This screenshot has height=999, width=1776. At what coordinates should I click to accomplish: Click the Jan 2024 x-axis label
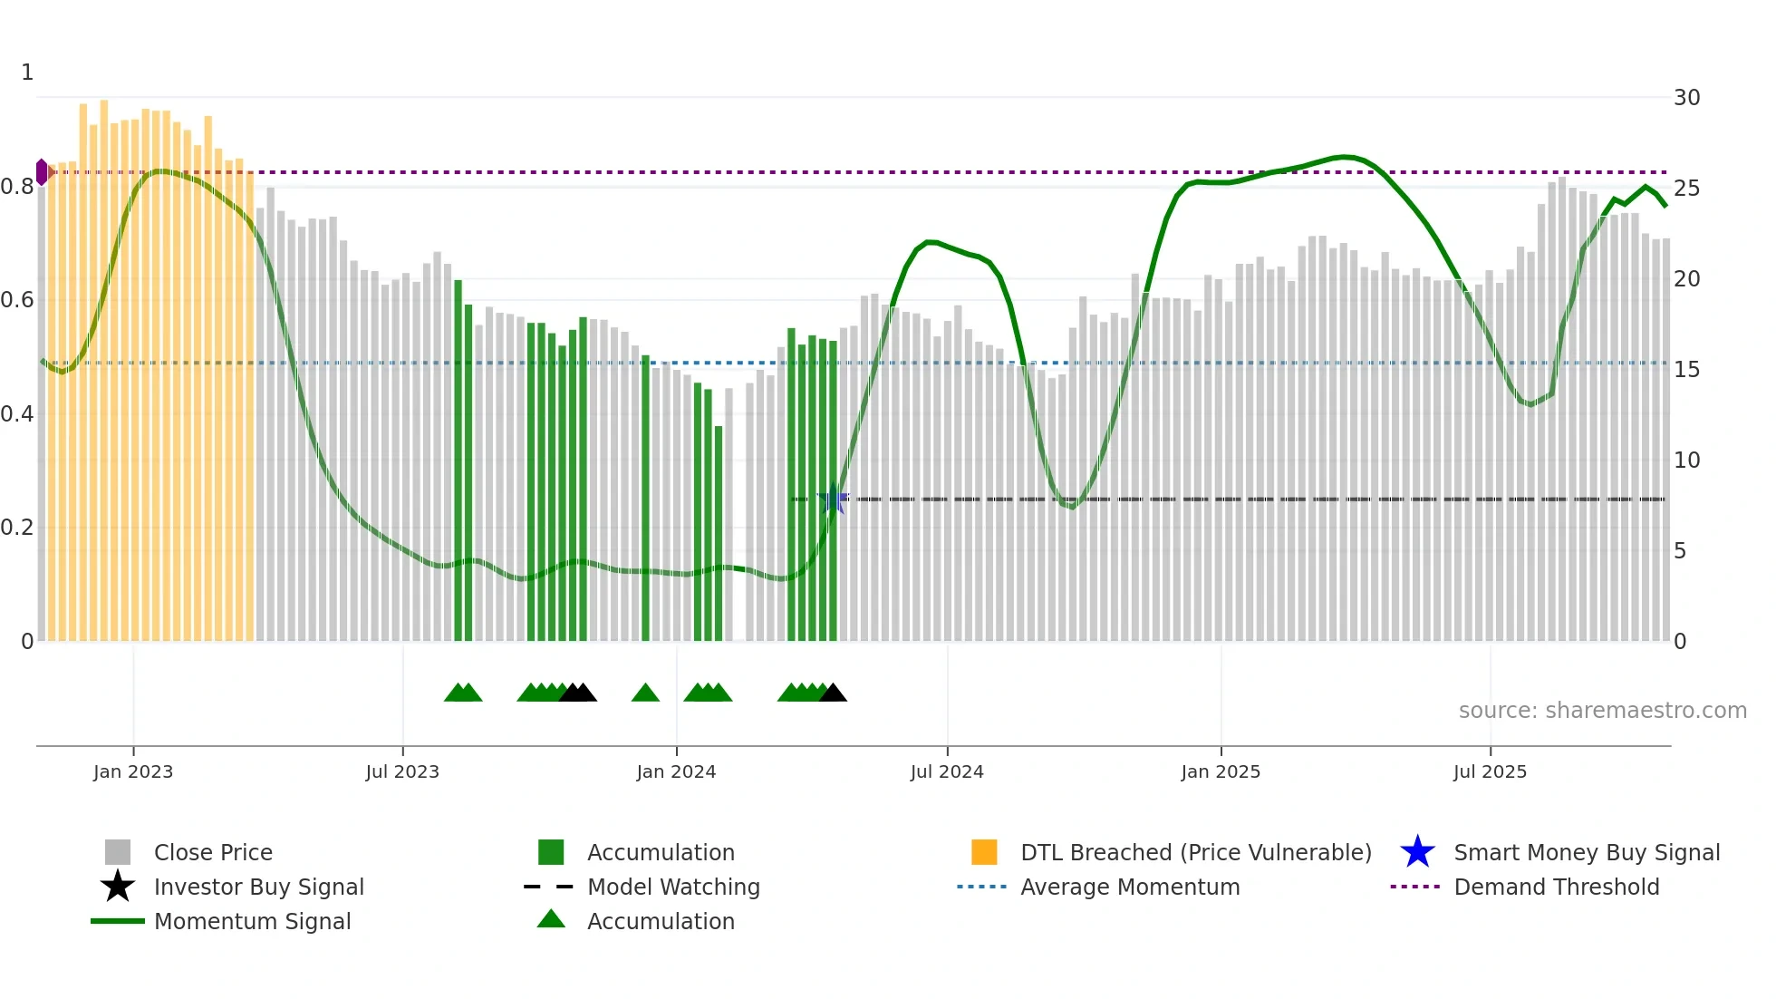[676, 771]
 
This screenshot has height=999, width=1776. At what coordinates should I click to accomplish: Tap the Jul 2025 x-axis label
[1490, 771]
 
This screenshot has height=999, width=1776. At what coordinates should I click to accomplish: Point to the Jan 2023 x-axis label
[133, 771]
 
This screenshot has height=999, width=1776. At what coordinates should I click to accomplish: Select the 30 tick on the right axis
[1686, 98]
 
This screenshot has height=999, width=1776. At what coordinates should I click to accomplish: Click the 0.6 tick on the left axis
[17, 300]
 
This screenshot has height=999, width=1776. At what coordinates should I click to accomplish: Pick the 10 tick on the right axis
[1686, 461]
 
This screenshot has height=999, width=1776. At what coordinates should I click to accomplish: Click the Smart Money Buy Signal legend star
[1417, 852]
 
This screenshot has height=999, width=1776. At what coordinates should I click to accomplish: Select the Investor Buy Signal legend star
[118, 887]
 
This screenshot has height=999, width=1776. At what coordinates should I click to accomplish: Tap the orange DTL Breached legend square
[984, 852]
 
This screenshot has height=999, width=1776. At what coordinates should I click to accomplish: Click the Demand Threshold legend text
[1556, 887]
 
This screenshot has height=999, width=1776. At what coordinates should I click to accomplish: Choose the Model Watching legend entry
[672, 887]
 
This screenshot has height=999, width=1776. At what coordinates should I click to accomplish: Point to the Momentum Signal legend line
[118, 921]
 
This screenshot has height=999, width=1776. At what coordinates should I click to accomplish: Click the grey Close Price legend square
[118, 852]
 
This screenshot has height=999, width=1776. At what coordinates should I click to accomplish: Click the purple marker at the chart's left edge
[42, 172]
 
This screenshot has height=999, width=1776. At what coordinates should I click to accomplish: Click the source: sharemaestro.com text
[1602, 711]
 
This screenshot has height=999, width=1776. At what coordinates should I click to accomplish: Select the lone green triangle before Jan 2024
[645, 693]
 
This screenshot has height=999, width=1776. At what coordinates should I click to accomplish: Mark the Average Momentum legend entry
[1129, 887]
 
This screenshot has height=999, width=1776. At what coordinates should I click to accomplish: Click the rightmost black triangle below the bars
[833, 693]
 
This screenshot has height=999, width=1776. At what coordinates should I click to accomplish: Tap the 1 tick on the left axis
[27, 73]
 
